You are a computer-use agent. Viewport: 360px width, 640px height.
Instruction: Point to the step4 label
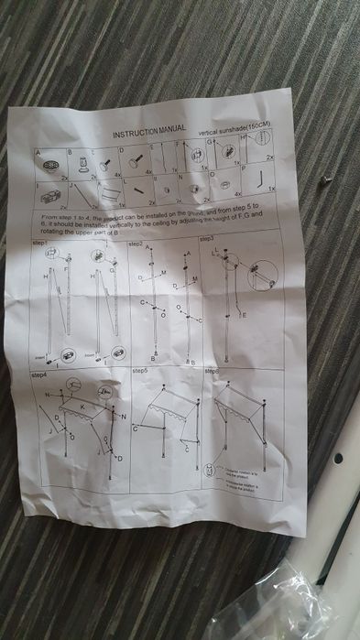pos(39,375)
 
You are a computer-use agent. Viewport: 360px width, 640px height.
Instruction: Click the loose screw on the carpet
pos(323,181)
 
